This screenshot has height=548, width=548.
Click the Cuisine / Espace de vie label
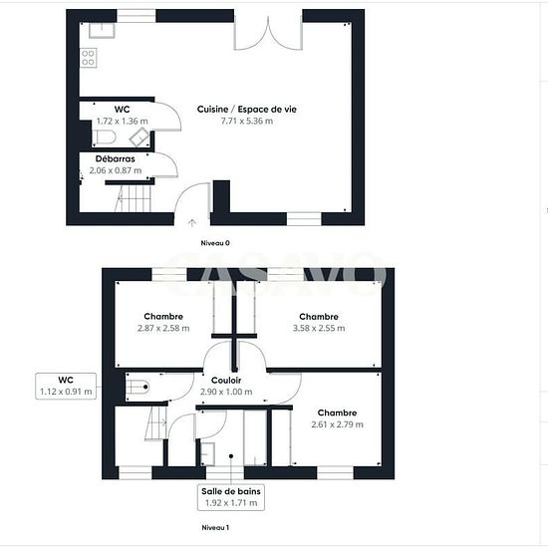[247, 110]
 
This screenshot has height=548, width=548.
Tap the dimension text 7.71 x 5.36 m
[247, 121]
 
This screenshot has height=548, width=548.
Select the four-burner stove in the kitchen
[88, 58]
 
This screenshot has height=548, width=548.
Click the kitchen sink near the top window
[102, 31]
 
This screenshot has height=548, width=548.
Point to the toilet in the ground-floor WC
[105, 137]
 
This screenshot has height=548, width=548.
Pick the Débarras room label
[115, 159]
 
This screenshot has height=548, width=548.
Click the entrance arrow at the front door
[192, 222]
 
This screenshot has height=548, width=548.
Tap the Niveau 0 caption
[215, 243]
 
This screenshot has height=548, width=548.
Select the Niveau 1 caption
[215, 527]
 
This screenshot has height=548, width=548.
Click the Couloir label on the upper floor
[226, 381]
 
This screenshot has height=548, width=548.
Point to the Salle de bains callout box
[231, 497]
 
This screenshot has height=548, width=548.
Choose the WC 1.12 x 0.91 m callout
[66, 386]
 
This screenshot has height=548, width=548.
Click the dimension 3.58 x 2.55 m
[319, 328]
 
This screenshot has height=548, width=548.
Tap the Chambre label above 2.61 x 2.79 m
[337, 412]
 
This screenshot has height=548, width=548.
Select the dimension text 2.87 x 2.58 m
[163, 328]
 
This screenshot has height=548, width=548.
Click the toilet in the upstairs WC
[137, 387]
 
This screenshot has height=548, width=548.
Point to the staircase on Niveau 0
[133, 198]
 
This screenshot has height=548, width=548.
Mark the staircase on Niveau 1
[156, 422]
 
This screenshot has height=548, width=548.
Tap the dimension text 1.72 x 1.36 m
[122, 122]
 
